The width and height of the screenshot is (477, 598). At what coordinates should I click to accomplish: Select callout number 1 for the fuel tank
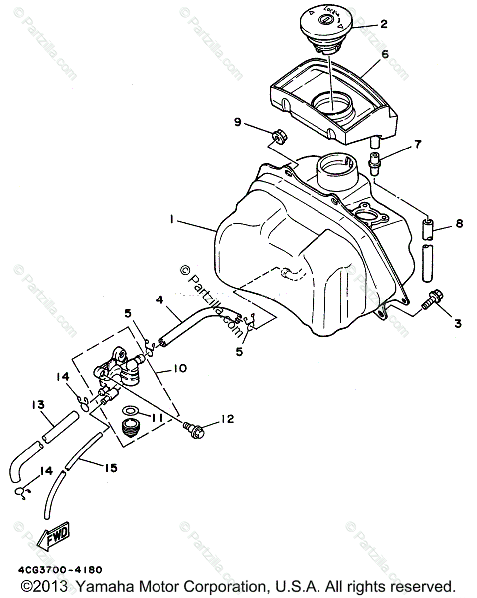coord(171,220)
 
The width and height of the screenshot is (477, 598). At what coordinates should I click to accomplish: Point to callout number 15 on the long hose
coord(110,468)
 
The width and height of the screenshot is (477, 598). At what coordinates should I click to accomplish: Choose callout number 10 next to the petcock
coord(180,369)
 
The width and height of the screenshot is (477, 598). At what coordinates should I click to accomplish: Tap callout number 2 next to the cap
coord(384,23)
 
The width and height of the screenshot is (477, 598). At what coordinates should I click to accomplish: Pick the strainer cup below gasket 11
coord(131,429)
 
